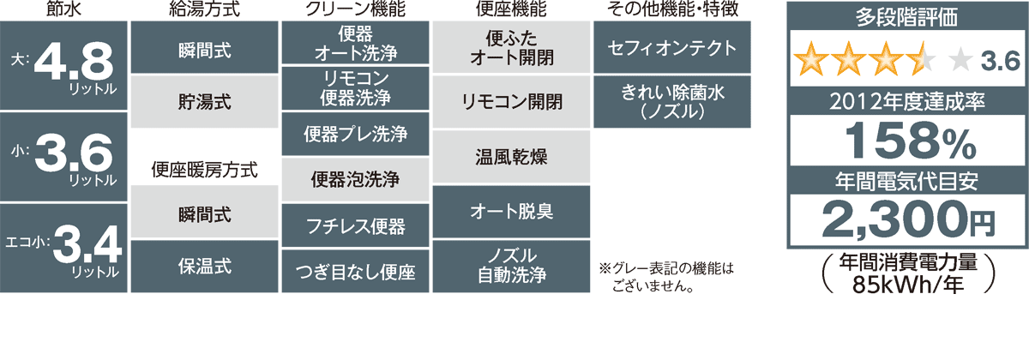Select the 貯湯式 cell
pyautogui.click(x=204, y=102)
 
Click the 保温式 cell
pyautogui.click(x=204, y=267)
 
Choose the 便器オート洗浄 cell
pyautogui.click(x=355, y=43)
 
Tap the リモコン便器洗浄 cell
pyautogui.click(x=355, y=88)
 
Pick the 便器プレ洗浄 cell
pyautogui.click(x=355, y=134)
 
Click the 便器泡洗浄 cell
pyautogui.click(x=355, y=179)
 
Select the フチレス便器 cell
pyautogui.click(x=355, y=225)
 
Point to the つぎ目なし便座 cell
pyautogui.click(x=355, y=272)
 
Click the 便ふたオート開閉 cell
pyautogui.click(x=511, y=47)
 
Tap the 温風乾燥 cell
pyautogui.click(x=511, y=157)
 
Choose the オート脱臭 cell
pyautogui.click(x=511, y=212)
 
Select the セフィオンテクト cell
pyautogui.click(x=672, y=47)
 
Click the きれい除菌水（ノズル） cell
pyautogui.click(x=672, y=102)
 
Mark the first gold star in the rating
pyautogui.click(x=811, y=59)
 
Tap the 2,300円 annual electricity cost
pyautogui.click(x=908, y=220)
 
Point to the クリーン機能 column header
pyautogui.click(x=355, y=9)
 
